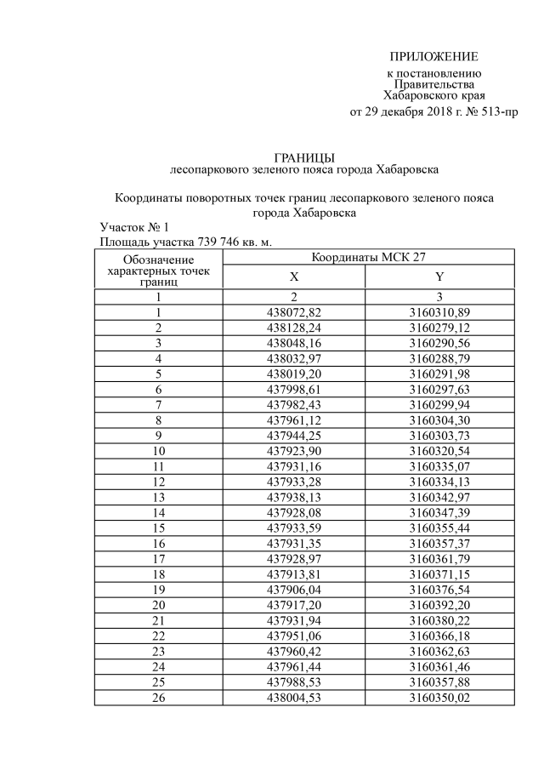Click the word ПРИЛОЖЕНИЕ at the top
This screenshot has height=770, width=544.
[433, 57]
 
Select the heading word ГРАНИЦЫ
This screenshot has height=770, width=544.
[304, 157]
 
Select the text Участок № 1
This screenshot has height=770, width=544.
[134, 227]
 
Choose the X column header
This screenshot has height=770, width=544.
[294, 277]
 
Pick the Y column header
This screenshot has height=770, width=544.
[439, 277]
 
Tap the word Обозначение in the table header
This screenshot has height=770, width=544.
[158, 259]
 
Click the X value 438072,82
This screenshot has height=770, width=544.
[294, 312]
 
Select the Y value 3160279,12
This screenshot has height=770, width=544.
[439, 328]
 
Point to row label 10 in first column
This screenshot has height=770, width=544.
[158, 450]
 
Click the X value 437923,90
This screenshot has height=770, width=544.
[294, 450]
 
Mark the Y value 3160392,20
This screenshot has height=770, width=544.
[439, 603]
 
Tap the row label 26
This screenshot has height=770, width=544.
[158, 697]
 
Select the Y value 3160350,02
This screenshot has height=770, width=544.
[439, 697]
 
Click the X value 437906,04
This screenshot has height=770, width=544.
[294, 588]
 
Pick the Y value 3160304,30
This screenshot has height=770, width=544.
[439, 419]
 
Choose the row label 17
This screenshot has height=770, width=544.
[158, 557]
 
